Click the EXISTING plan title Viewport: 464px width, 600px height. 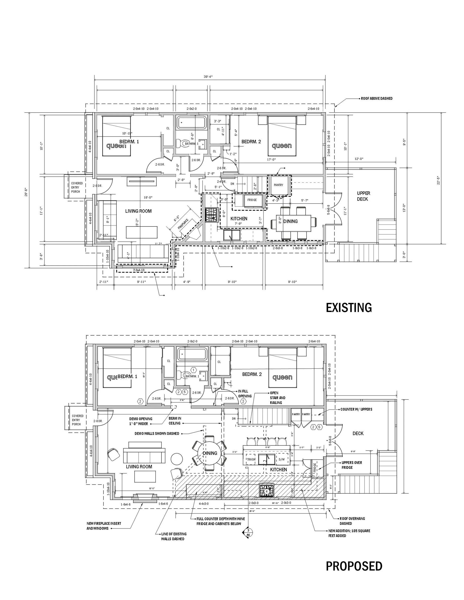(x=349, y=308)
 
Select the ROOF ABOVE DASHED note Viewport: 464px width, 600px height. (x=377, y=98)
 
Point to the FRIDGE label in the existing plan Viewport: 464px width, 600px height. (x=252, y=200)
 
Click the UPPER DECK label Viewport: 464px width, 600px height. (x=363, y=196)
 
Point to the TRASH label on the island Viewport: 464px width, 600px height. (x=251, y=459)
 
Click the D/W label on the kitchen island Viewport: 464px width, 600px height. (x=282, y=459)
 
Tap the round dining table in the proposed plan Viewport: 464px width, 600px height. (x=210, y=453)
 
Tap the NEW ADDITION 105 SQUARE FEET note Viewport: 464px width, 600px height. (x=349, y=533)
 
